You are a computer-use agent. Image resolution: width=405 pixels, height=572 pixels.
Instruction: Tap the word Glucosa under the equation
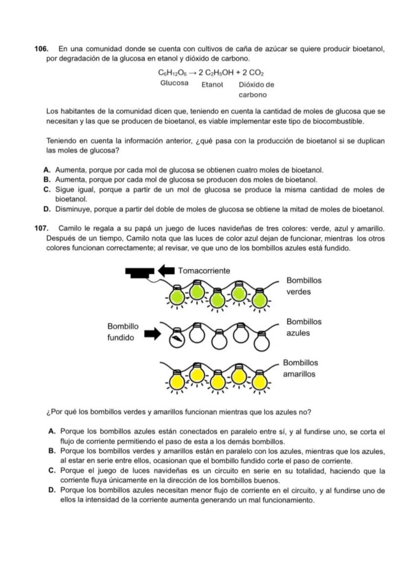tap(175, 83)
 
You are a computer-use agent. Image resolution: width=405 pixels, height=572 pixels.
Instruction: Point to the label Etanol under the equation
tap(212, 84)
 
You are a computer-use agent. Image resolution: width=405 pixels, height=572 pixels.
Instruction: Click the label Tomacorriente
tap(204, 271)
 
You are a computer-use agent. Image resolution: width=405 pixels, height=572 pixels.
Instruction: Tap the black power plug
tap(139, 273)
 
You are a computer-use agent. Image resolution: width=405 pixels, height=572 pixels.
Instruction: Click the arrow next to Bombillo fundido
tap(153, 333)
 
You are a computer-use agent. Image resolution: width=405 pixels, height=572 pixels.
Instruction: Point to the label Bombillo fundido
tap(123, 332)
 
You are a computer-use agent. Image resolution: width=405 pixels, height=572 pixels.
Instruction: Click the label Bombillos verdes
tap(304, 286)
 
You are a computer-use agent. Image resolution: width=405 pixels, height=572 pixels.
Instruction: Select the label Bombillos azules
tap(304, 327)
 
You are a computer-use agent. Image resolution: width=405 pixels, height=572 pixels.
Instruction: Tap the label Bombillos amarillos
tap(300, 368)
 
